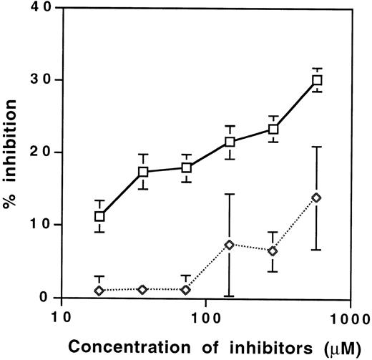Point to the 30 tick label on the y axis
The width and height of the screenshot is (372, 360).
(x=36, y=79)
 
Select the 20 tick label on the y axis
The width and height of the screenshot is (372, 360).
(x=36, y=152)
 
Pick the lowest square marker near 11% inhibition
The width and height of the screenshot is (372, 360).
(x=99, y=216)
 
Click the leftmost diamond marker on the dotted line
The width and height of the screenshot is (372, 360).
(x=99, y=291)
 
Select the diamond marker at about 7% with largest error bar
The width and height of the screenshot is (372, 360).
(x=230, y=245)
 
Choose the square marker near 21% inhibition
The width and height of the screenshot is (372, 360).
(x=230, y=142)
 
